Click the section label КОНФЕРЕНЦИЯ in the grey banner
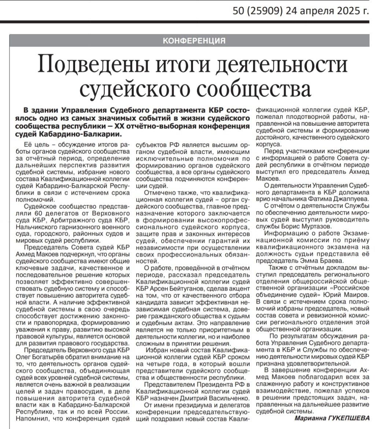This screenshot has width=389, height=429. tap(194, 40)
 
